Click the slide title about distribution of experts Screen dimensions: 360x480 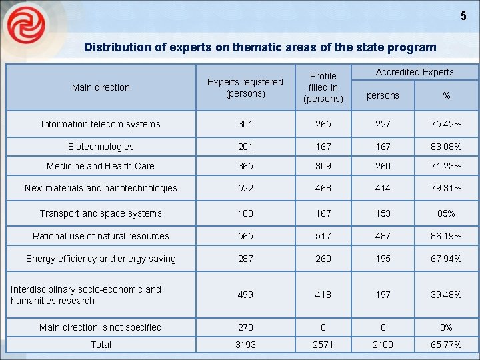260,48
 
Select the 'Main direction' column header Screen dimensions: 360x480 101,87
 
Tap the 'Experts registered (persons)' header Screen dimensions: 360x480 245,87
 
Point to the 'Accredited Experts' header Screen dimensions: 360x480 415,72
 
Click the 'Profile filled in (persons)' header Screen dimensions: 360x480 323,87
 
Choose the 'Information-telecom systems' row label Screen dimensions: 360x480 101,124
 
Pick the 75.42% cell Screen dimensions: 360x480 446,124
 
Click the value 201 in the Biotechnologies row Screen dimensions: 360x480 245,147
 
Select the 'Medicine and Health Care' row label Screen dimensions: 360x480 101,166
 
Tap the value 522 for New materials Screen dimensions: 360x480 245,188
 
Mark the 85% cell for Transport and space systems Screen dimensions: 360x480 446,213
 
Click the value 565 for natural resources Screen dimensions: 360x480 245,236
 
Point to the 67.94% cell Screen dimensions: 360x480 446,259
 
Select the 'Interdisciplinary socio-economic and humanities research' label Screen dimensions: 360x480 86,295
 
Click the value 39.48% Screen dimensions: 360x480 446,295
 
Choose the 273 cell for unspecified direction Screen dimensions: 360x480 245,327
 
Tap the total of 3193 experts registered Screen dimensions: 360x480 245,345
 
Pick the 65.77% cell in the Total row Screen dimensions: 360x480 446,345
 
